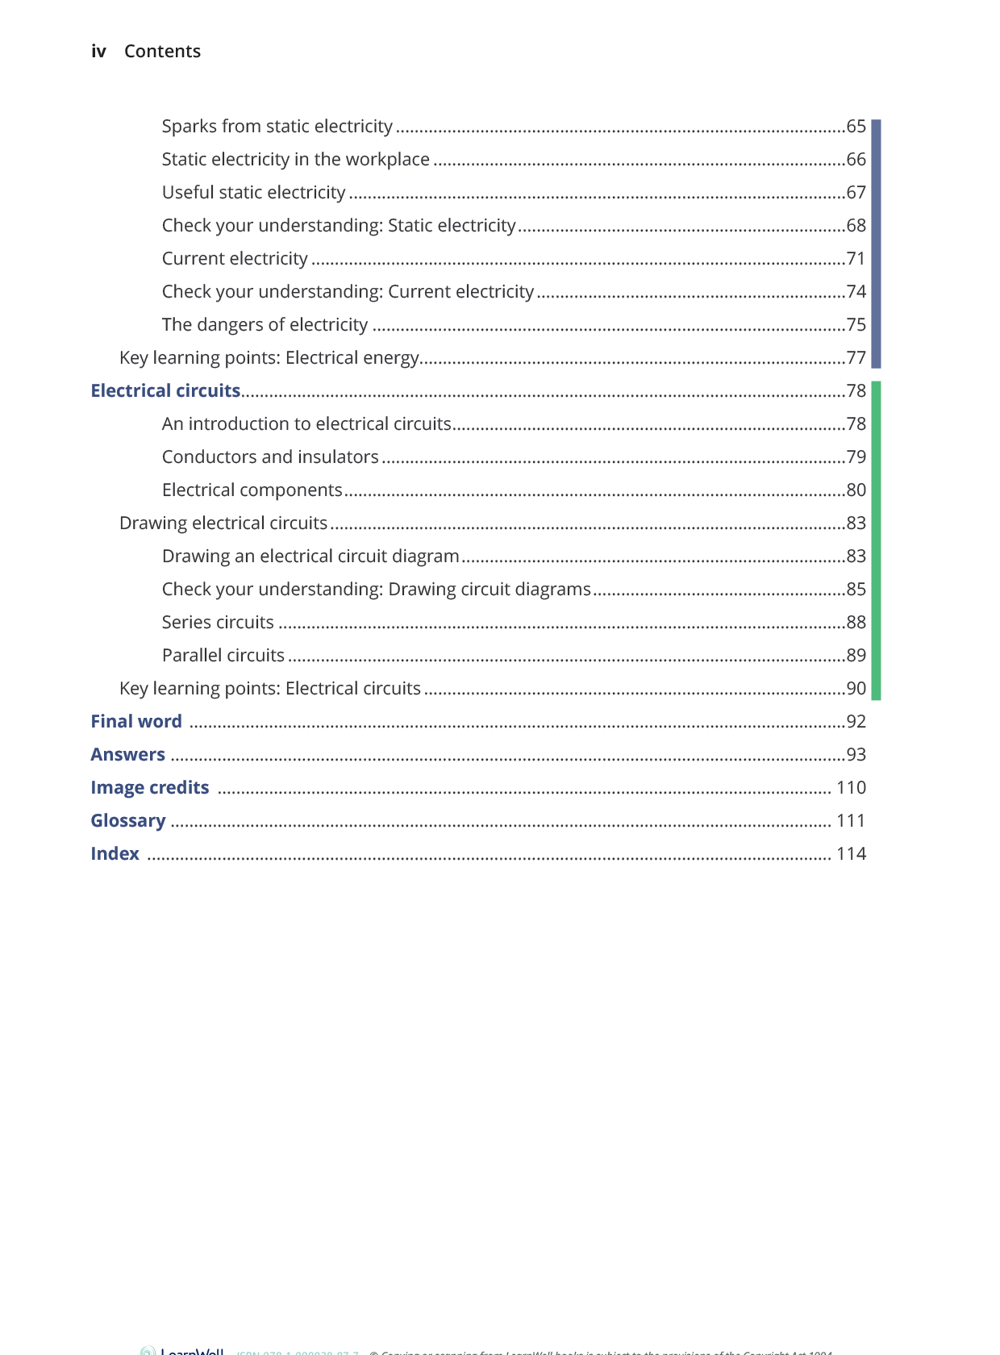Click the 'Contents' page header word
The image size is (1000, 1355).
(x=162, y=52)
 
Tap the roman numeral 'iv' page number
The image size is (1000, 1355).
(x=98, y=52)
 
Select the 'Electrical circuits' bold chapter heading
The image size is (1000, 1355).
(x=165, y=391)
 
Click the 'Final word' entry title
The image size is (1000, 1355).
(x=136, y=722)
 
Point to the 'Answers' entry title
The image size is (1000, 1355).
(x=127, y=755)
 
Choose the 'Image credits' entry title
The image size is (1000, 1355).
(x=149, y=788)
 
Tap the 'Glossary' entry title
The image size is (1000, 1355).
(x=127, y=821)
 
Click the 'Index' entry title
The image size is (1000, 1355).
(x=115, y=854)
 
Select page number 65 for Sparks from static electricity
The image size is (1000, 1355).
(x=856, y=127)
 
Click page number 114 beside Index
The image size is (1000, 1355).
(x=851, y=854)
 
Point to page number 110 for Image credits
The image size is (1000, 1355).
(x=851, y=788)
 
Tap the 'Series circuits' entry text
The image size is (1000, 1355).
(x=218, y=623)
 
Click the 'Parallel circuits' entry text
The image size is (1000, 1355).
(x=223, y=656)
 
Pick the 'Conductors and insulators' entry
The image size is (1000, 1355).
(x=270, y=457)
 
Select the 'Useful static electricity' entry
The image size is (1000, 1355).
(x=253, y=193)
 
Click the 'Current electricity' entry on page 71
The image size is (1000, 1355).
(x=235, y=259)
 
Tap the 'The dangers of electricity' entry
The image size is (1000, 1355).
(x=265, y=325)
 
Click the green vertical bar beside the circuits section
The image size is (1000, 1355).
(x=876, y=540)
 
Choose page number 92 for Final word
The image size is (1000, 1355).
(x=856, y=722)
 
